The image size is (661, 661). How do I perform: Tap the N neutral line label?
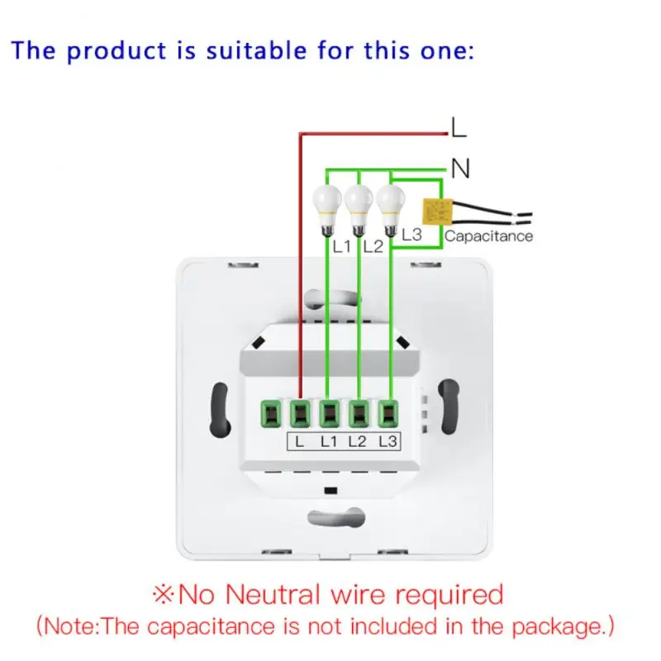click(460, 169)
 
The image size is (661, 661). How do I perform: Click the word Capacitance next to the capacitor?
click(488, 236)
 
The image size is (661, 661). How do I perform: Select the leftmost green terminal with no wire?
click(270, 411)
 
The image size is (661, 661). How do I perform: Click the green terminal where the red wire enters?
click(300, 411)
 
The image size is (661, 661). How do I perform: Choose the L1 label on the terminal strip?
click(328, 441)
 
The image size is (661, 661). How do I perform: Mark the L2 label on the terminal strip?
click(357, 441)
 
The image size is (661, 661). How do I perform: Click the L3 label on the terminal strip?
click(387, 441)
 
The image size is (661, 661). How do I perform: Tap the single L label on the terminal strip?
click(299, 441)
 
